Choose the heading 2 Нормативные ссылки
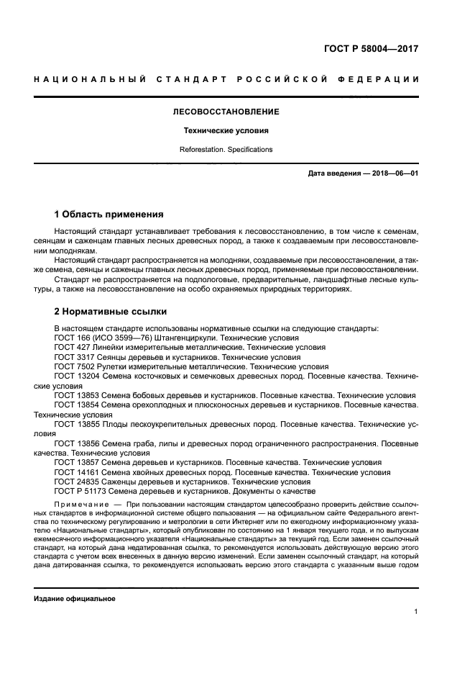click(x=111, y=312)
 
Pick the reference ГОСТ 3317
click(x=75, y=356)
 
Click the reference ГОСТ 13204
click(x=78, y=376)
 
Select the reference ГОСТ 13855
click(x=78, y=425)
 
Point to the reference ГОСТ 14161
click(x=78, y=472)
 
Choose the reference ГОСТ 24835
click(x=78, y=482)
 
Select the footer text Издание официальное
click(x=75, y=599)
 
